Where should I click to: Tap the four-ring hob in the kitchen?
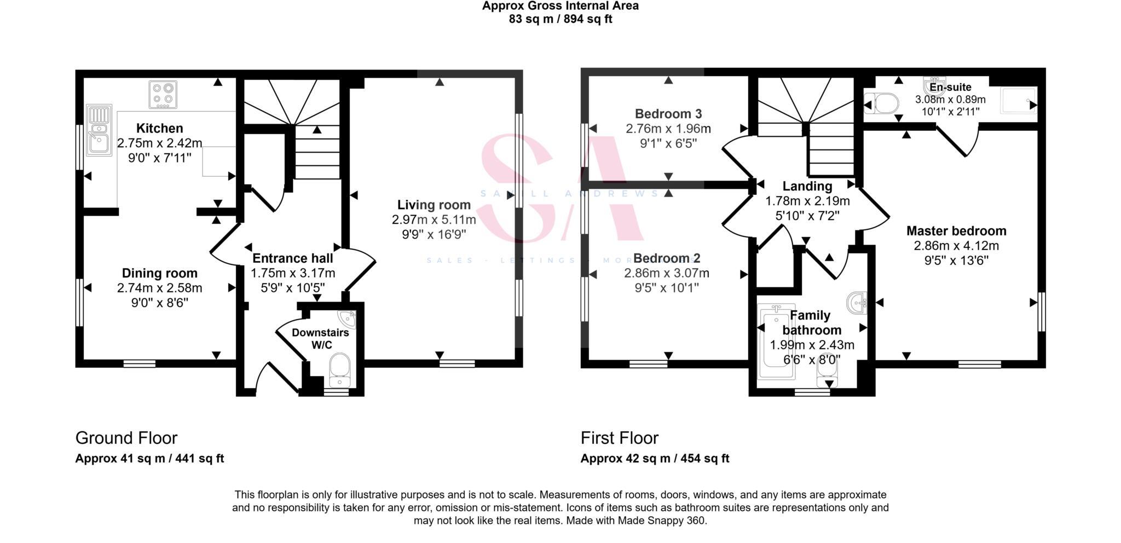tap(163, 95)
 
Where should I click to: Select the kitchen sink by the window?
tap(99, 130)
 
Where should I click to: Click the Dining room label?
tap(159, 273)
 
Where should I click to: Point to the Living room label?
tap(434, 205)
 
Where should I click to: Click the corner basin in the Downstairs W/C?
tap(347, 319)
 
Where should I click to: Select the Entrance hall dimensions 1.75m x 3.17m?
tap(293, 273)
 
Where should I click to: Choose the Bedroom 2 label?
tap(666, 258)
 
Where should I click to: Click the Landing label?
tap(807, 186)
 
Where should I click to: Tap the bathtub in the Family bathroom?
tap(776, 343)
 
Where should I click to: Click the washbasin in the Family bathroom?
tap(857, 302)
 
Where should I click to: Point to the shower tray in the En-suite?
tap(1018, 101)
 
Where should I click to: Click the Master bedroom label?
tap(956, 231)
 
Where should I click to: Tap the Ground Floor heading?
tap(126, 438)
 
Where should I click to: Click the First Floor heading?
tap(619, 438)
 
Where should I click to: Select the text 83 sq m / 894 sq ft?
tap(560, 19)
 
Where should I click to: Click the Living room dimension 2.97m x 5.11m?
tap(434, 219)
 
